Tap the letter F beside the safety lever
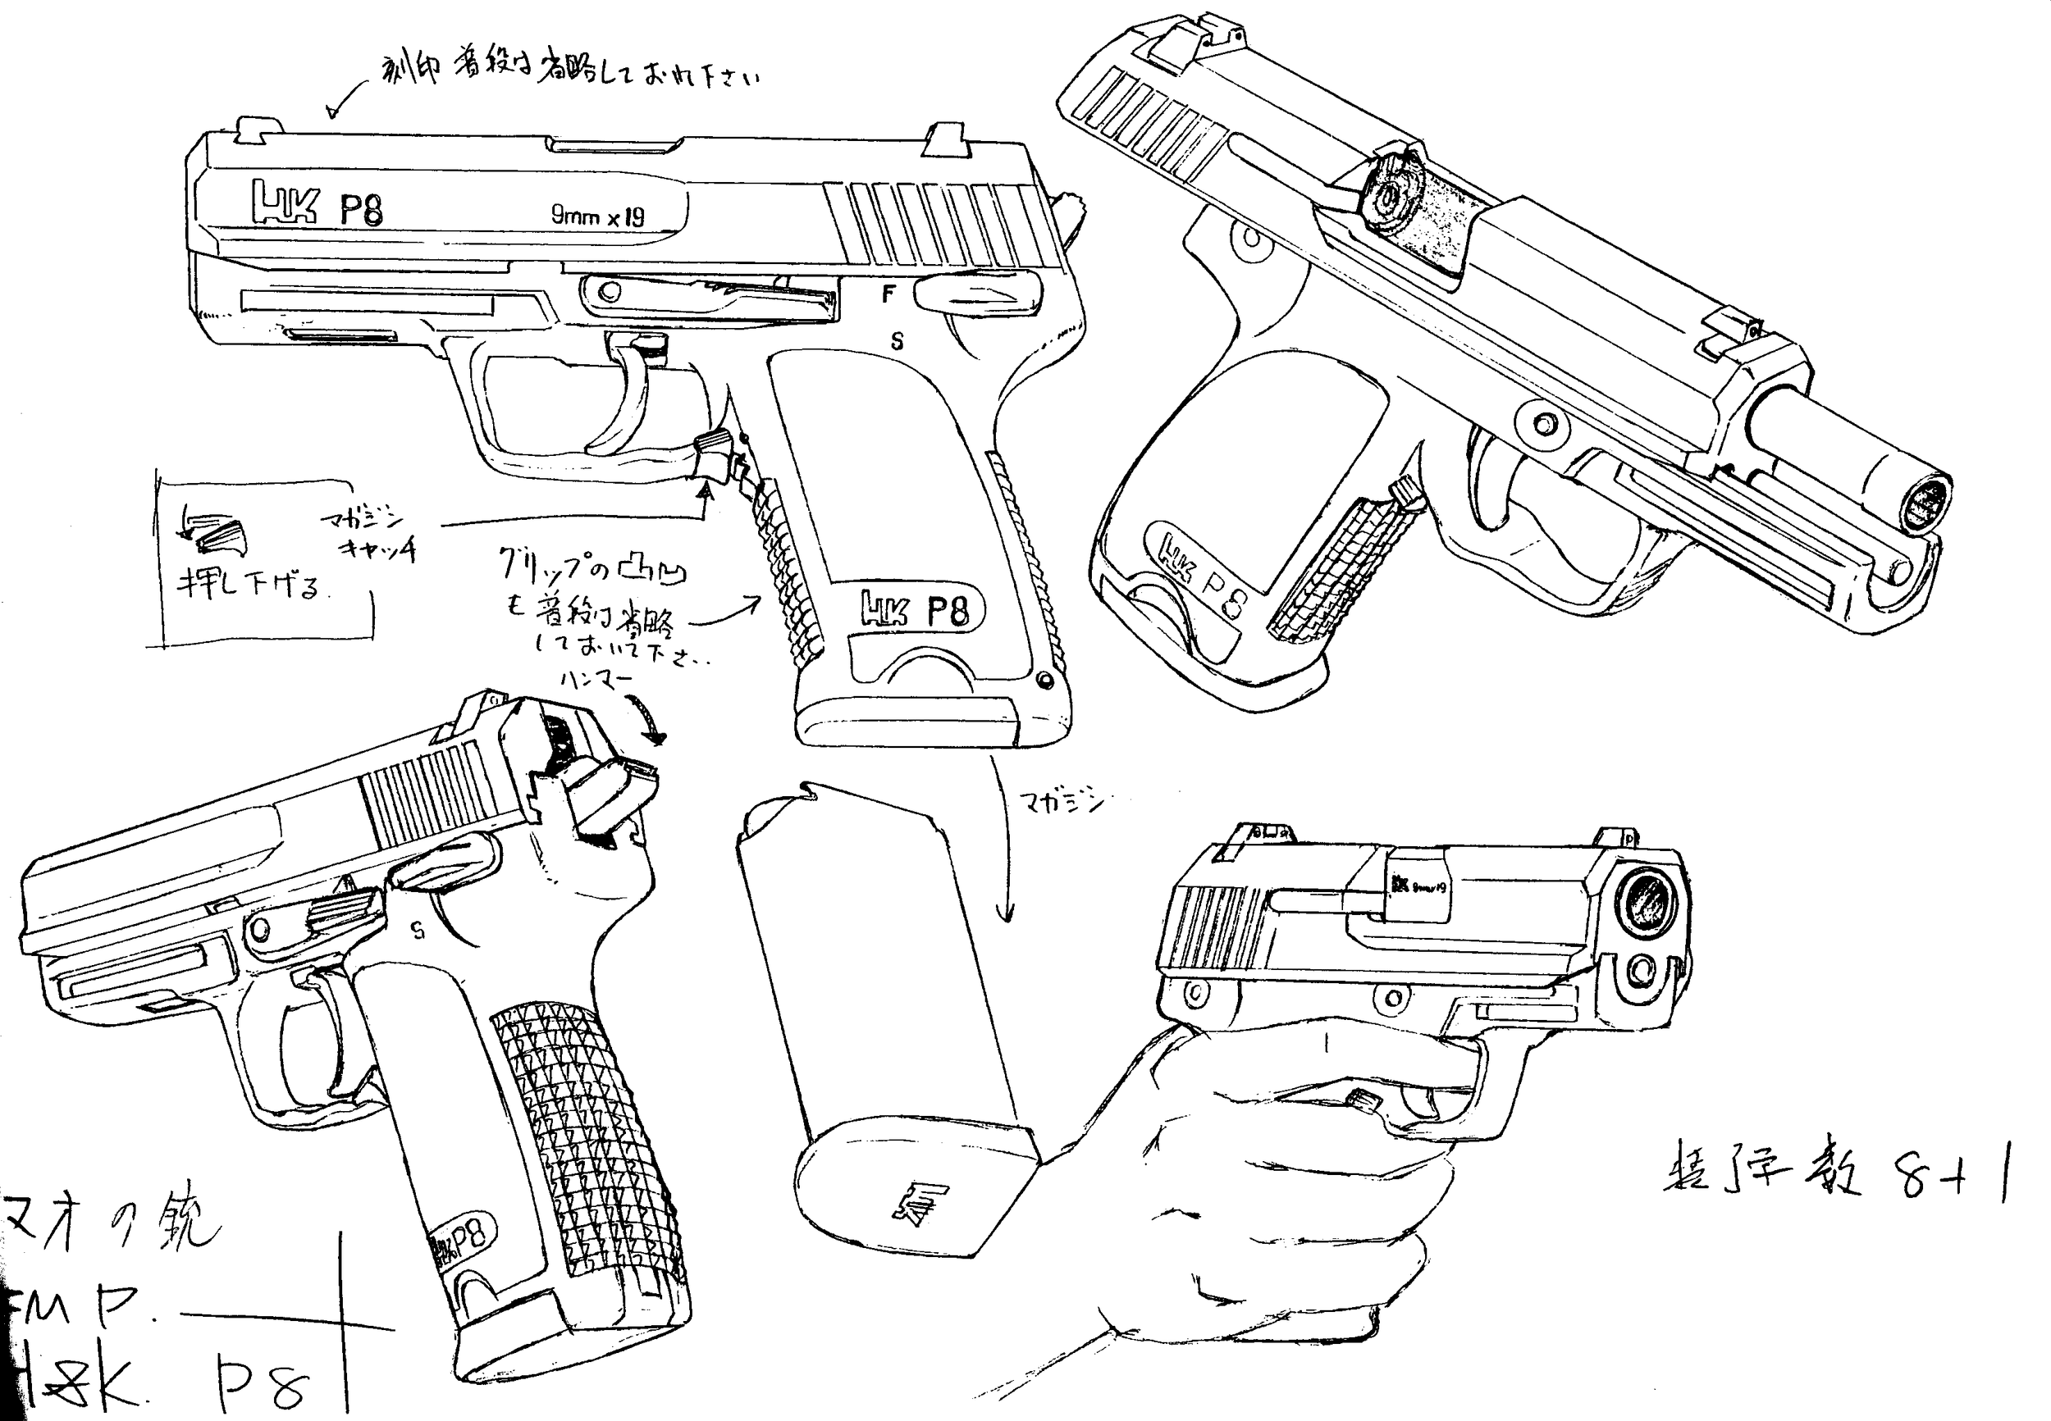[887, 294]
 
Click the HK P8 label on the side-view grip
[914, 611]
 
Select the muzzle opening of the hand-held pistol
[1647, 902]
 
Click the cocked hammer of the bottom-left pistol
[614, 797]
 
